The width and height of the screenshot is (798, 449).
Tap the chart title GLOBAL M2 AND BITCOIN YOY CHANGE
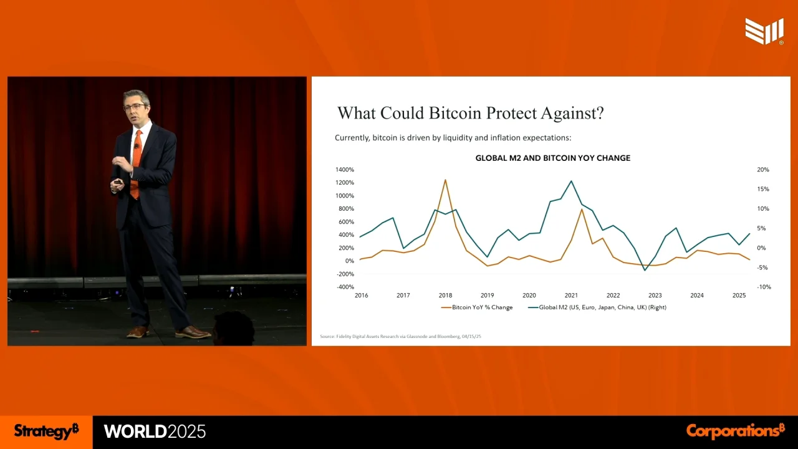(552, 158)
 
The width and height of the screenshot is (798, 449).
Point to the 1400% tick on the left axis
(344, 170)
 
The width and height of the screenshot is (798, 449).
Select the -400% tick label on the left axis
(345, 287)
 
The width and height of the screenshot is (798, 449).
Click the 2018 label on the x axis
(445, 296)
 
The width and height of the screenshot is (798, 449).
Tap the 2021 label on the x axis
(571, 296)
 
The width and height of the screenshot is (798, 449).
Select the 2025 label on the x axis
(739, 296)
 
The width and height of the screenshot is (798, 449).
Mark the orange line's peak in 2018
(445, 180)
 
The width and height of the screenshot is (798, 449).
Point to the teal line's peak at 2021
(571, 181)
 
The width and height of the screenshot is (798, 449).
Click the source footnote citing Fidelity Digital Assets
(400, 337)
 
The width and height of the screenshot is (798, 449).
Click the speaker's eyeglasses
(133, 107)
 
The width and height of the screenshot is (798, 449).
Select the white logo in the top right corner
(764, 31)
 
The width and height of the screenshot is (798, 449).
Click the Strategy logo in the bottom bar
(47, 431)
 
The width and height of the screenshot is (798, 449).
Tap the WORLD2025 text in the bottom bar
(155, 432)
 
